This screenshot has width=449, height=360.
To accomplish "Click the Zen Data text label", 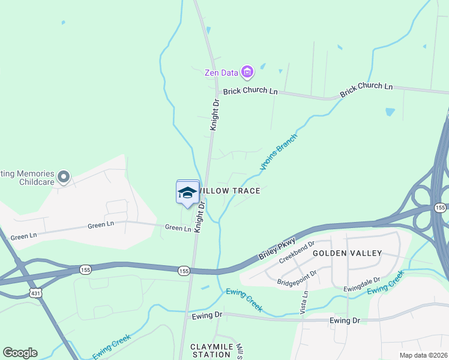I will pyautogui.click(x=220, y=73).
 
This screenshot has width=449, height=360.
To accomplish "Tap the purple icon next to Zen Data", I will pyautogui.click(x=247, y=73).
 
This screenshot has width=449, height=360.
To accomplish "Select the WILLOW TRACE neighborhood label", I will pyautogui.click(x=231, y=191).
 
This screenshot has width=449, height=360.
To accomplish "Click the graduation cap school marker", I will pyautogui.click(x=188, y=193).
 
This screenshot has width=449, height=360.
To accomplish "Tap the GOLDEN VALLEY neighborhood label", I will pyautogui.click(x=347, y=253).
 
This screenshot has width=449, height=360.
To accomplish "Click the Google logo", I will pyautogui.click(x=20, y=353).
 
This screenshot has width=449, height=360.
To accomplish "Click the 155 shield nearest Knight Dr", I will pyautogui.click(x=184, y=271).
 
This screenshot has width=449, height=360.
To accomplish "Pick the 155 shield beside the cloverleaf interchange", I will pyautogui.click(x=441, y=207).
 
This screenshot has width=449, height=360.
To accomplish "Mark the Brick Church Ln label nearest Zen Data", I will pyautogui.click(x=250, y=92).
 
